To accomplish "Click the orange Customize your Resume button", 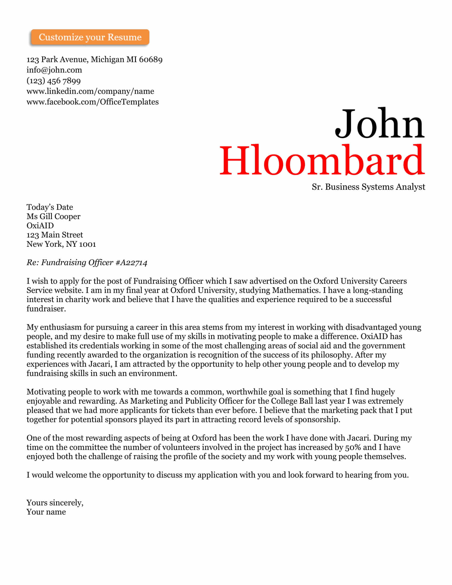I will tap(90, 37).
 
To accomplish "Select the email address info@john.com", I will tap(54, 70).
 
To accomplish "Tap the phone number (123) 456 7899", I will tap(53, 81).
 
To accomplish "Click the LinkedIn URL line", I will tap(90, 91).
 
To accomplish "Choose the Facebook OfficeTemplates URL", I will tap(92, 102).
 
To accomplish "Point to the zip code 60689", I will tap(151, 60).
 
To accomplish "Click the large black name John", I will tap(379, 124).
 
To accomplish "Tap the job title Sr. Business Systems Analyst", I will tap(368, 187).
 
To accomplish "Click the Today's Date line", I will tap(49, 207).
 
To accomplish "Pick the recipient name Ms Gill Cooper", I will tap(53, 216).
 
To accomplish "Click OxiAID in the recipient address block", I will tap(40, 225).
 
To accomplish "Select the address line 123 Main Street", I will tap(55, 235).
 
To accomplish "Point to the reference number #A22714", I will tap(131, 262).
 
